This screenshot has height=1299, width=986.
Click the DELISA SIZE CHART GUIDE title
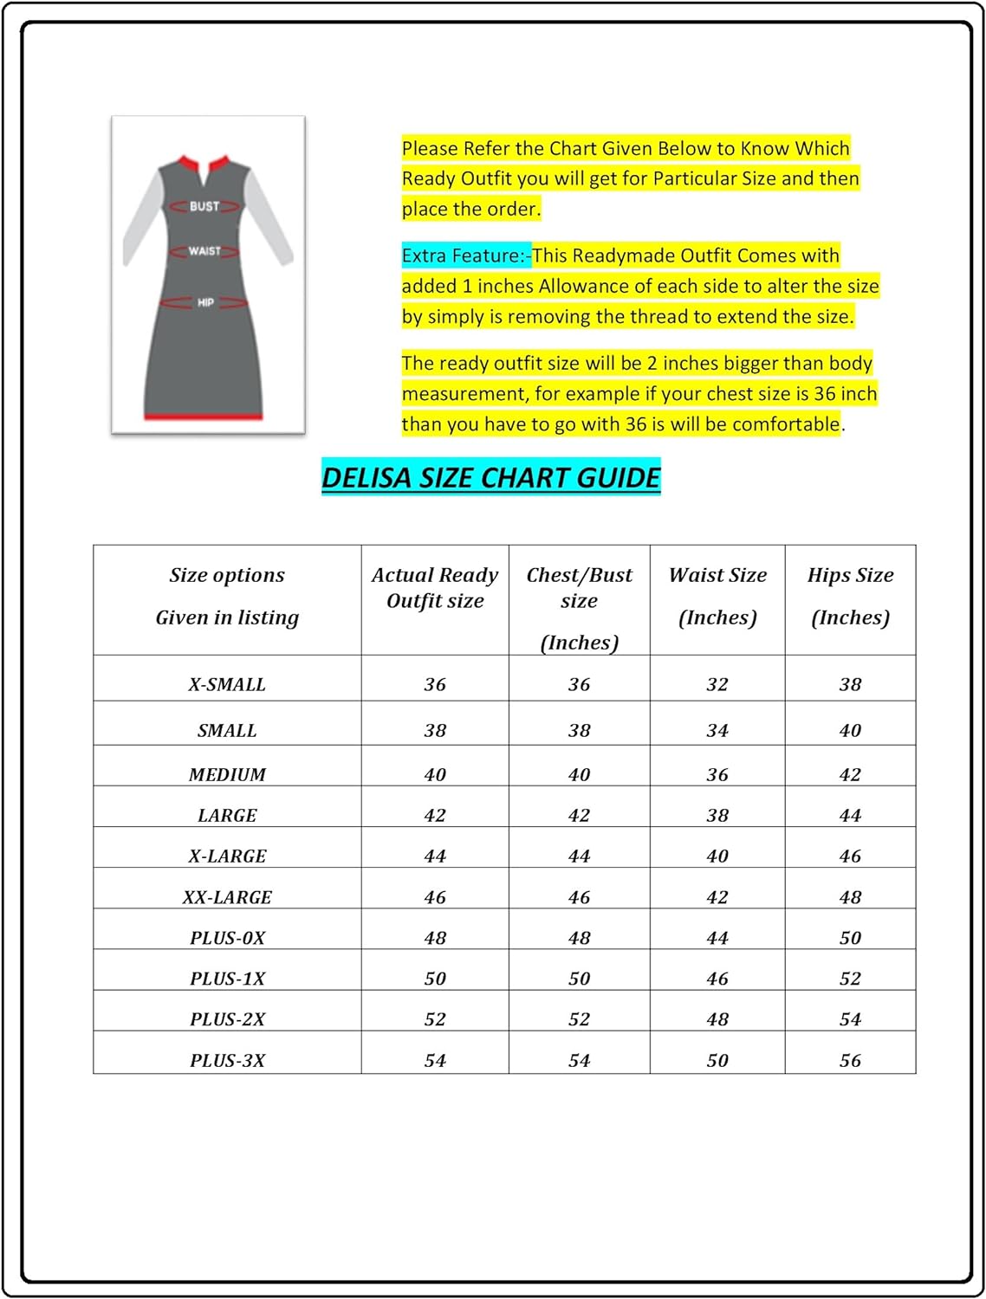(490, 477)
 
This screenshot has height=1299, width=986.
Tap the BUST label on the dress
(204, 206)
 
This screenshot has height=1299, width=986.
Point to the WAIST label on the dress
(204, 251)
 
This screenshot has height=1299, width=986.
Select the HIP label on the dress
(205, 302)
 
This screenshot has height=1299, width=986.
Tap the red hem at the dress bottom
(203, 417)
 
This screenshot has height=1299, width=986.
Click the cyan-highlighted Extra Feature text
(465, 255)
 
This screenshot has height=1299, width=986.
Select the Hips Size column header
(850, 596)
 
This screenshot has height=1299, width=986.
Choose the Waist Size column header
(717, 596)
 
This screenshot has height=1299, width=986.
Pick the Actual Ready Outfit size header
(435, 588)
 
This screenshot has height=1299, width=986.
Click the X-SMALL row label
(227, 684)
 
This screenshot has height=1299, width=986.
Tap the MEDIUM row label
(227, 774)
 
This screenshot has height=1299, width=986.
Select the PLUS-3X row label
(227, 1060)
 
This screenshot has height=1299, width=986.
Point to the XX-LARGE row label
(227, 897)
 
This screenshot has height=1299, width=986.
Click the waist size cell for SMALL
(717, 730)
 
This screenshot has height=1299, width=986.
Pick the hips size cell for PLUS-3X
(850, 1060)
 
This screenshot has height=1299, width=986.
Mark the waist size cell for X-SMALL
(717, 684)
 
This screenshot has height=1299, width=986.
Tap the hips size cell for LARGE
(850, 815)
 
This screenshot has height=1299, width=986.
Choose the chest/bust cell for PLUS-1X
(579, 979)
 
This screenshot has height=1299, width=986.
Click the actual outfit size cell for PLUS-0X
(435, 938)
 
